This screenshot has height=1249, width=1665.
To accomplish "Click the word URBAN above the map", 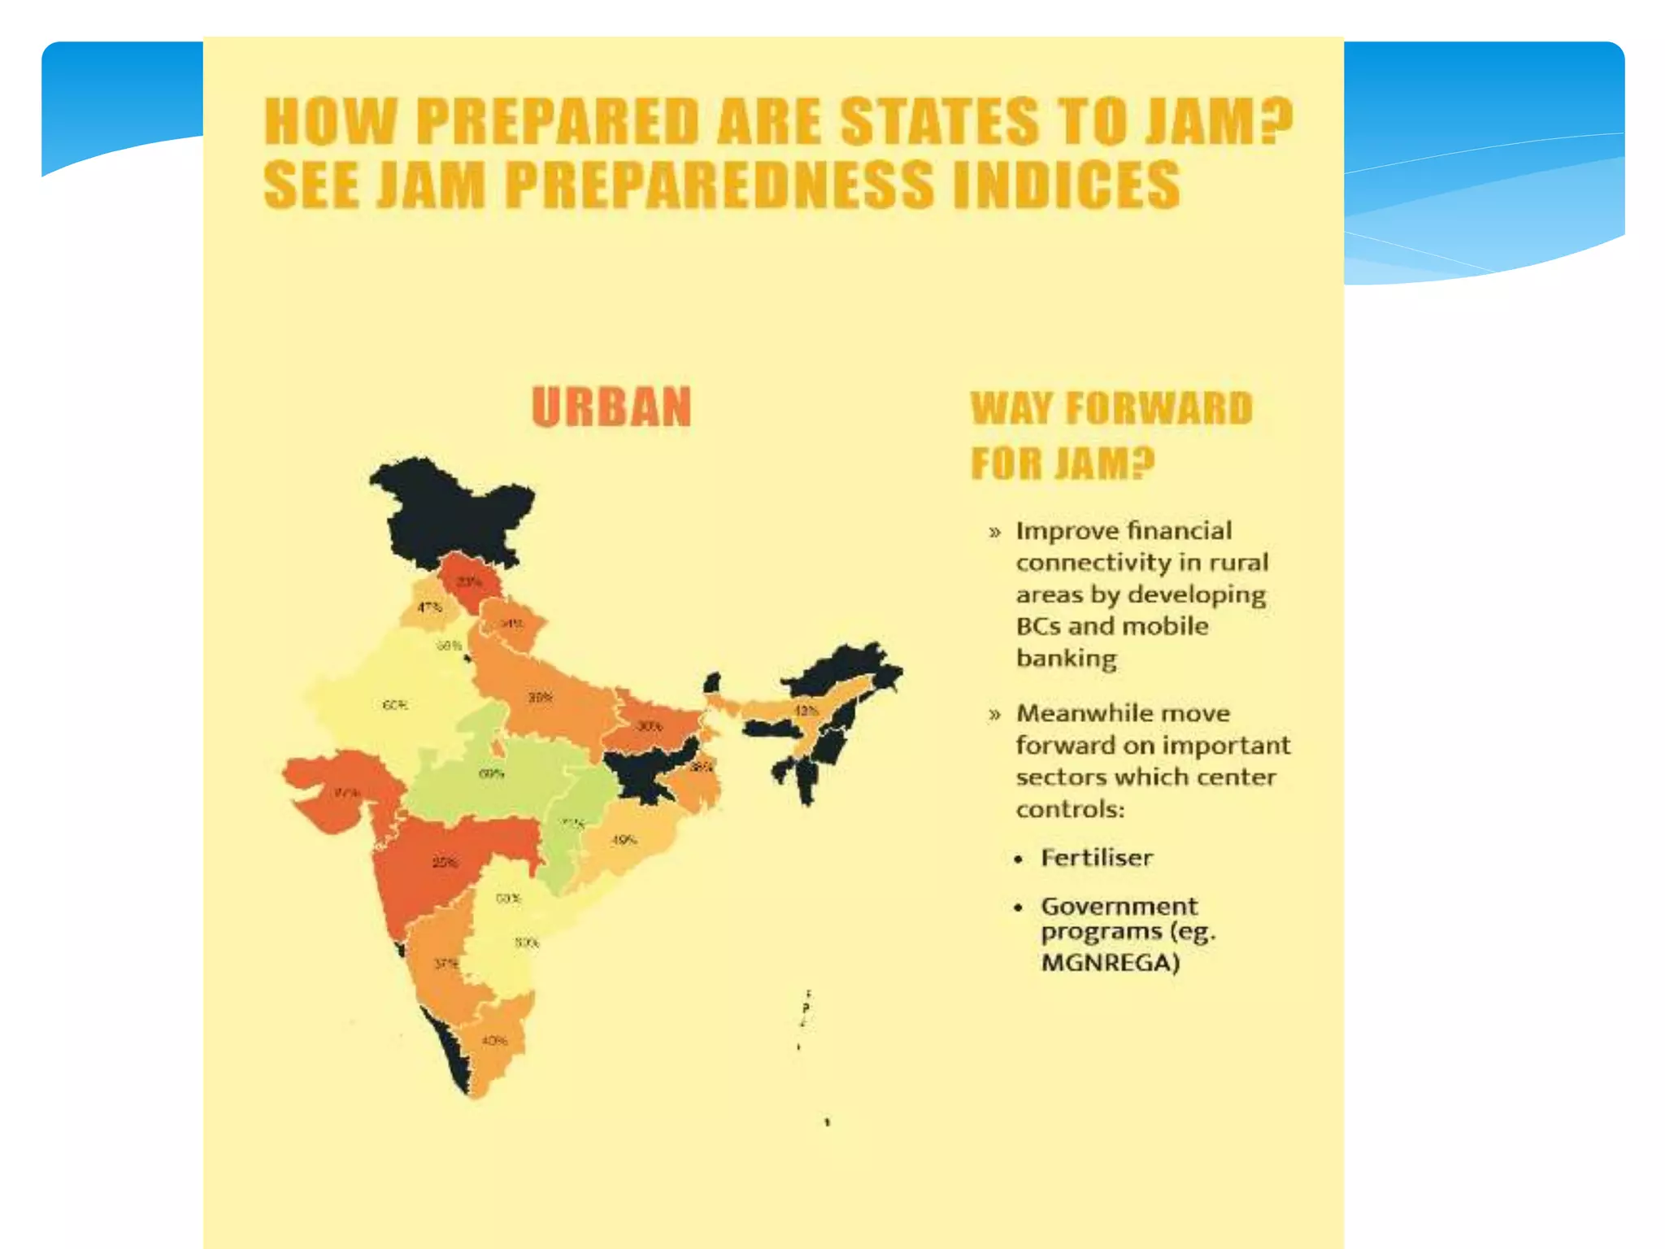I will click(x=611, y=407).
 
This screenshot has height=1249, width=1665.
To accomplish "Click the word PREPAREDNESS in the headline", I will click(x=719, y=185).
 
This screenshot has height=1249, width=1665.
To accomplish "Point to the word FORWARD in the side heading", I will click(x=1159, y=409).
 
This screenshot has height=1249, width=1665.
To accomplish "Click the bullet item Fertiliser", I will click(x=1096, y=858).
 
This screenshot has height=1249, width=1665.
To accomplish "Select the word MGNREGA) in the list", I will click(x=1110, y=964).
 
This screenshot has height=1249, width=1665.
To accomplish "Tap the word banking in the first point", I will click(x=1066, y=658).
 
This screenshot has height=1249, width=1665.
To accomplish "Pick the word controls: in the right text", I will click(x=1070, y=810).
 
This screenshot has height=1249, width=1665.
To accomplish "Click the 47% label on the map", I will click(x=429, y=607).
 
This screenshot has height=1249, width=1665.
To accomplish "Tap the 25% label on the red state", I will click(x=445, y=863).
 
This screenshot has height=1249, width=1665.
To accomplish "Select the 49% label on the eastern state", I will click(x=624, y=840).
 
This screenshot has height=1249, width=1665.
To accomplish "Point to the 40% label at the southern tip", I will click(x=494, y=1041).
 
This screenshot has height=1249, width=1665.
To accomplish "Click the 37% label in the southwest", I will click(x=446, y=964).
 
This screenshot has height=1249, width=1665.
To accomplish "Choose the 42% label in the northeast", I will click(x=805, y=711).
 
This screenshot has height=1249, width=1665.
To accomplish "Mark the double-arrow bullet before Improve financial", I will click(x=994, y=533).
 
